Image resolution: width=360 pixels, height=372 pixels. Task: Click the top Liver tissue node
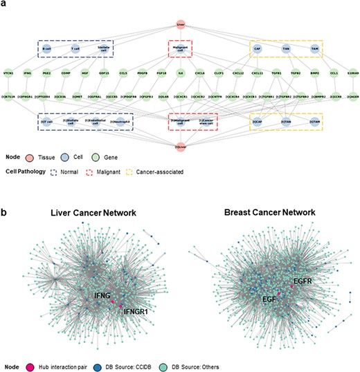[180, 25]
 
